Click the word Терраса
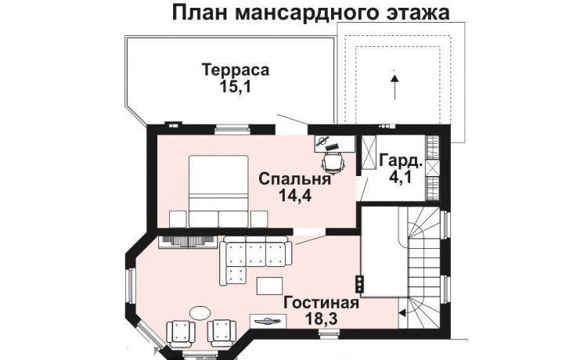tap(235, 70)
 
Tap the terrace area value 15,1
tap(235, 87)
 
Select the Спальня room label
tap(294, 178)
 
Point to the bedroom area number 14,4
tap(295, 196)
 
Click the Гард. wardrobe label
tap(401, 160)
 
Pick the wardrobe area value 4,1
tap(400, 178)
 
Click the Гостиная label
tap(321, 303)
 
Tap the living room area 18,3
tap(321, 319)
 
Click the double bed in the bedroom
tap(218, 191)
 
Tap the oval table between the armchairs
tap(200, 312)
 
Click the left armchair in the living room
tap(181, 334)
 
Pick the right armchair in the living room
tap(222, 334)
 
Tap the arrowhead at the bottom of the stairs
tap(402, 313)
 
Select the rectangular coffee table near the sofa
tap(269, 286)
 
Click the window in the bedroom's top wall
tap(232, 129)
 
